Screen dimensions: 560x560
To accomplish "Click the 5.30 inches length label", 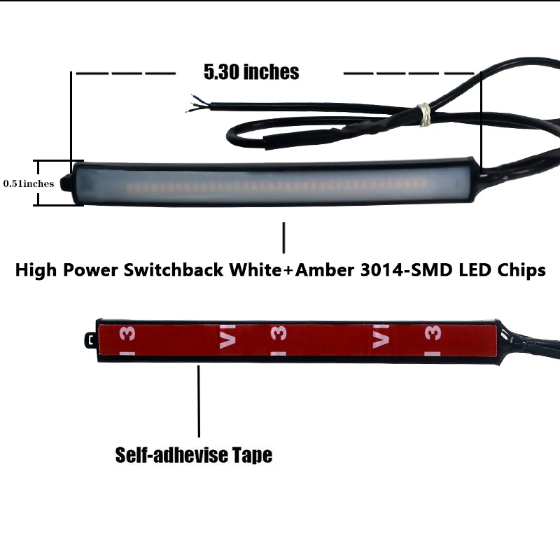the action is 251,72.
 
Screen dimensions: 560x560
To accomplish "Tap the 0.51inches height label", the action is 29,183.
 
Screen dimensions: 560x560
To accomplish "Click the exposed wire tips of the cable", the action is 190,102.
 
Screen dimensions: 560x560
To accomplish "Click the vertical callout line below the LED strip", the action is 283,238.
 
